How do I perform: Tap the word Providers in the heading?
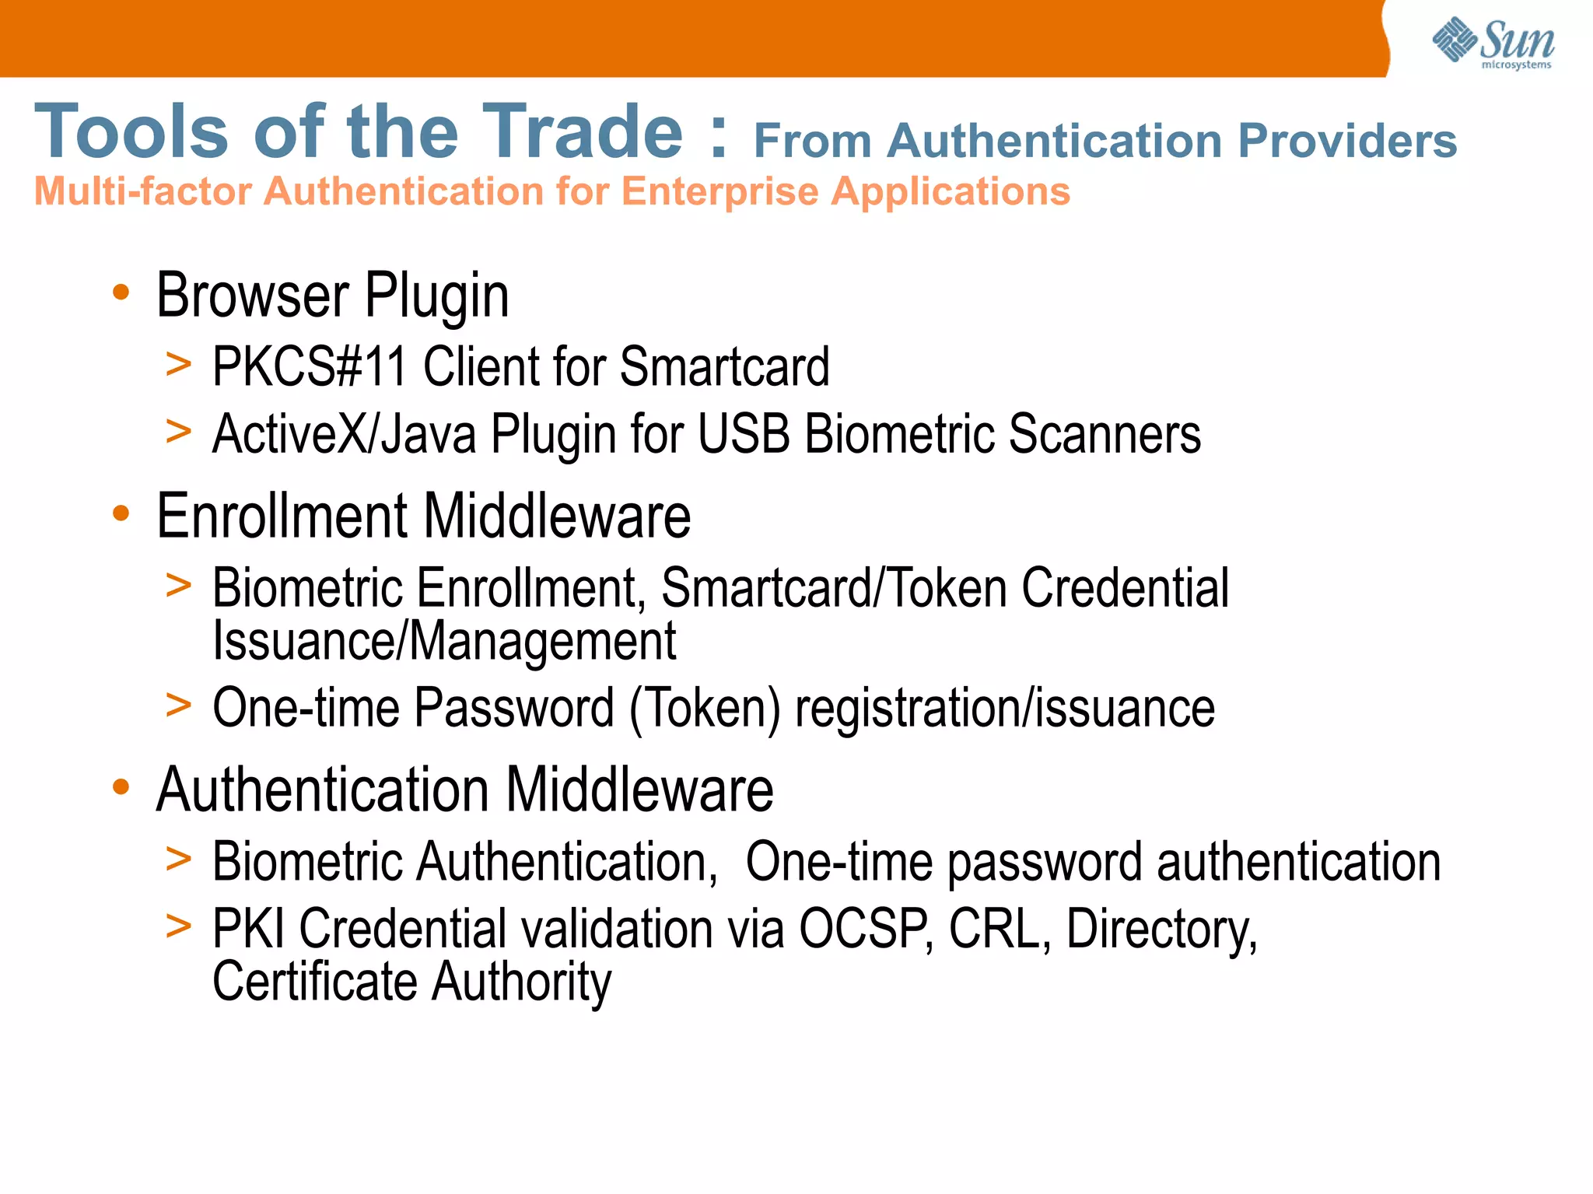(1347, 141)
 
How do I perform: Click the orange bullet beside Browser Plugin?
(121, 292)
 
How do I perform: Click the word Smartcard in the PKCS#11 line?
(724, 366)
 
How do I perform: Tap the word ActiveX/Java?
(344, 434)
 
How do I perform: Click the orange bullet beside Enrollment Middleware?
(121, 513)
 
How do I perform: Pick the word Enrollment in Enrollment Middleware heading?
(282, 516)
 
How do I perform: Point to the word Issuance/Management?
(444, 641)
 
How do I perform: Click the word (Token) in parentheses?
(705, 708)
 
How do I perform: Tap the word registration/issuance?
(1004, 708)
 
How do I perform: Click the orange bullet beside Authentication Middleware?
(121, 787)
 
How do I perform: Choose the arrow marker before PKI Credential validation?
(178, 926)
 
